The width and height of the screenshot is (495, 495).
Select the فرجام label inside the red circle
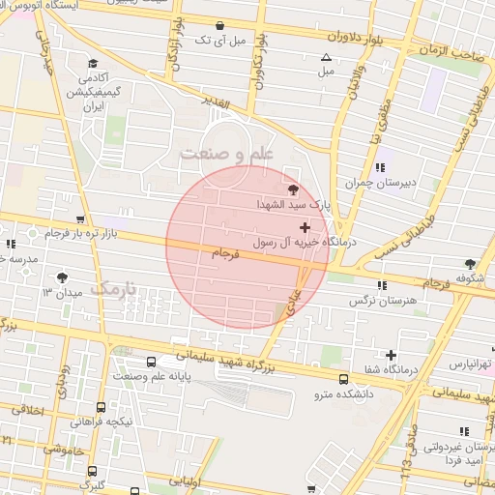pos(223,252)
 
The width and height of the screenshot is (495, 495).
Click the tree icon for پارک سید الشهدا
pos(294,189)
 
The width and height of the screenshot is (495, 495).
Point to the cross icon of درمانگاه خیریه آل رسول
pos(306,225)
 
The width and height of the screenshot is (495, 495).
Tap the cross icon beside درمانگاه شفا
pos(391,355)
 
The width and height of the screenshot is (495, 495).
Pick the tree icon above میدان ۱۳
pos(63,277)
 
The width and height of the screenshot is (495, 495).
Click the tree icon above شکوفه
pos(470,263)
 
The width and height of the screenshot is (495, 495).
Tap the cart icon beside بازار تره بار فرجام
pos(80,220)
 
